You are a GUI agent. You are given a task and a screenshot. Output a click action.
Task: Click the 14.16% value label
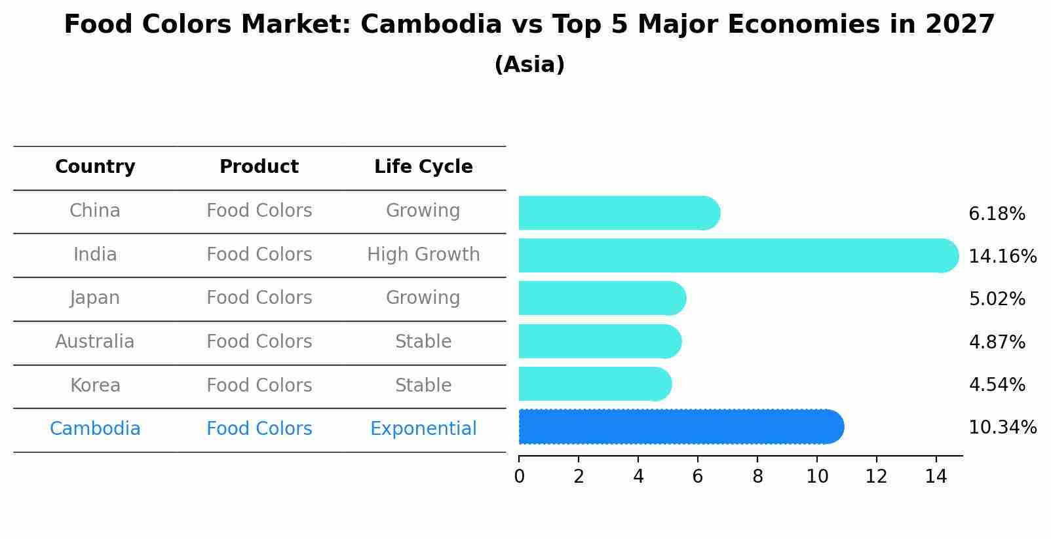[x=1002, y=256]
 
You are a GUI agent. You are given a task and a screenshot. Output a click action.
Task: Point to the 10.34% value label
[x=1002, y=428]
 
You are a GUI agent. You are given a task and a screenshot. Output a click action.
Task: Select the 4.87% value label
[x=997, y=342]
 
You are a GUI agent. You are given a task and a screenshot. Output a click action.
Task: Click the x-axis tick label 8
[x=757, y=477]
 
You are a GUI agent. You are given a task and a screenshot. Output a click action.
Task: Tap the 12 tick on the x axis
[x=876, y=477]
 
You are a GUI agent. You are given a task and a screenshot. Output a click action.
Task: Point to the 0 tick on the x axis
[x=519, y=477]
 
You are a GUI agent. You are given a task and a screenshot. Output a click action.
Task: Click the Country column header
[x=95, y=167]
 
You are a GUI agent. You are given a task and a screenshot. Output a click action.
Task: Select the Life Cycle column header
[x=423, y=167]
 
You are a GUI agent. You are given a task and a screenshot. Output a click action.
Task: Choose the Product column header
[x=259, y=167]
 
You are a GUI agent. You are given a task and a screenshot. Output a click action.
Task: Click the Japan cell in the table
[x=95, y=298]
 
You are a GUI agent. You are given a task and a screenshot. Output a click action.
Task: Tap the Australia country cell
[x=95, y=342]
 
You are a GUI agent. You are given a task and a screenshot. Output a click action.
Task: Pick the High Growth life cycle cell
[x=423, y=255]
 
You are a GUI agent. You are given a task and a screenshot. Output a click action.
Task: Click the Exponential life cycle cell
[x=423, y=429]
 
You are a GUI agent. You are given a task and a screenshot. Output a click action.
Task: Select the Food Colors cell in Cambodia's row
[x=259, y=429]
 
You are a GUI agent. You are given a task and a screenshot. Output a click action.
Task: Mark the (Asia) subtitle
[x=529, y=65]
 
